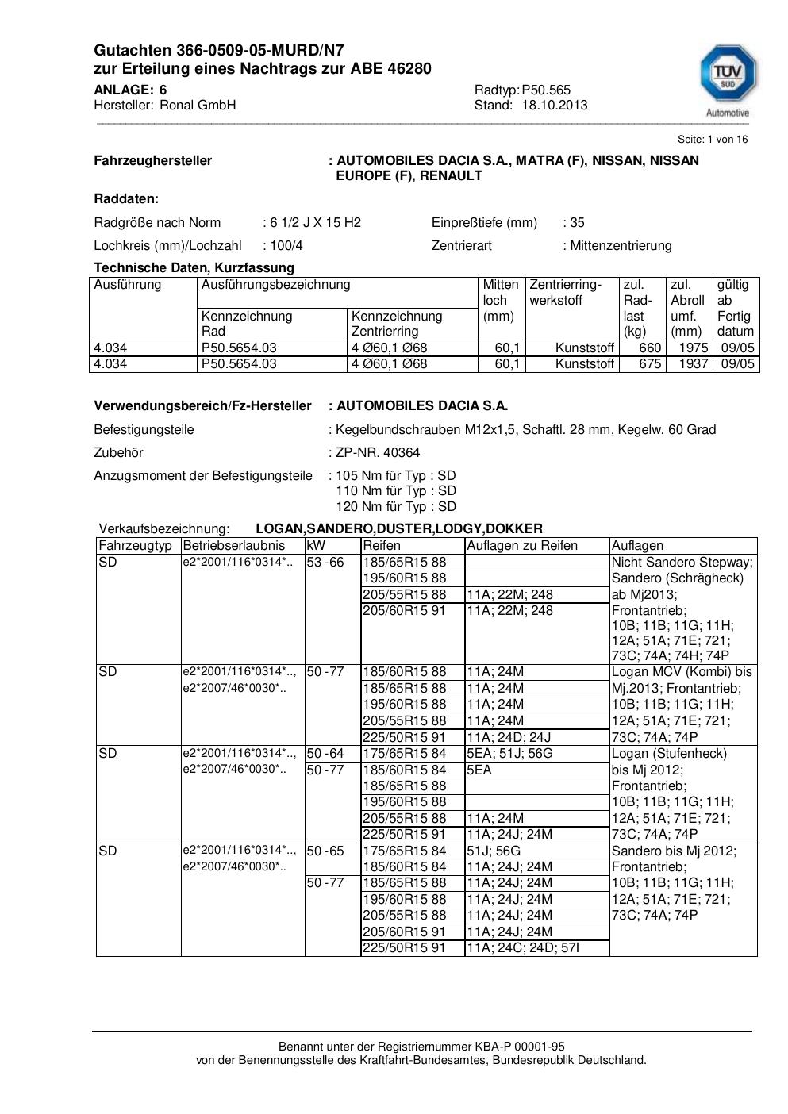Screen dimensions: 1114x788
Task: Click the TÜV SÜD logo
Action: (727, 80)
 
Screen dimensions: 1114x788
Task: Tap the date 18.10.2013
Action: (555, 105)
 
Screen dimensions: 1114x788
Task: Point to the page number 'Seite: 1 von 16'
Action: (712, 139)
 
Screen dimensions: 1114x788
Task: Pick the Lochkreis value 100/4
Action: (286, 245)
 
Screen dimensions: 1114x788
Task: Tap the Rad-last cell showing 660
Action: (650, 348)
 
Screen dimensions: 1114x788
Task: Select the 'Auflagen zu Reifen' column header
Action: (522, 545)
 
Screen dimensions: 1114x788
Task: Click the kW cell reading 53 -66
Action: (325, 562)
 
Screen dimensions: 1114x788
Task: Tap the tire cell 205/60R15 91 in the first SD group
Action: (405, 610)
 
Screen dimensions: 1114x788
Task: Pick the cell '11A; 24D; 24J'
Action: (509, 736)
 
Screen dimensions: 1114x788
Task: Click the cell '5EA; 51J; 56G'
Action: (509, 753)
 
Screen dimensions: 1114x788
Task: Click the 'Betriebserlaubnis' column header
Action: (233, 545)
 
